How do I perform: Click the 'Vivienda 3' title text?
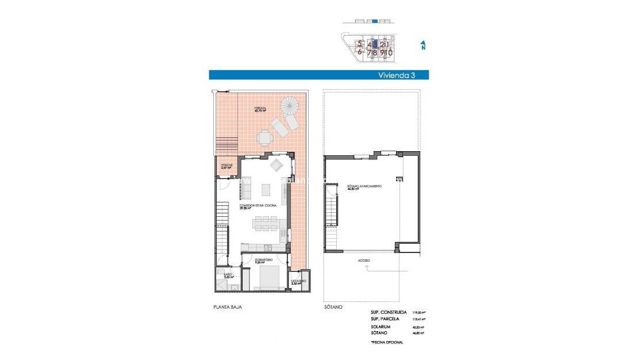[x=397, y=75]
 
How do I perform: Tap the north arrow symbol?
[x=423, y=45]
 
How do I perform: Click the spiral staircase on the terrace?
[x=290, y=106]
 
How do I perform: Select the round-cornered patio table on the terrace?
[x=264, y=138]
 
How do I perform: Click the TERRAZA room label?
[x=262, y=109]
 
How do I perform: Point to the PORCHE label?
[x=226, y=166]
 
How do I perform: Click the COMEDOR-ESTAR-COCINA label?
[x=257, y=205]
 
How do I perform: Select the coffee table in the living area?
[x=267, y=189]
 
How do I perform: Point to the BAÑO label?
[x=228, y=275]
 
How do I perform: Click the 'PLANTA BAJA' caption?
[x=228, y=308]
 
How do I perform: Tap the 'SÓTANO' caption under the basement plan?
[x=333, y=308]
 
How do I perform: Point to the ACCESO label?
[x=363, y=261]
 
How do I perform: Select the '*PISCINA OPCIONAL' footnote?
[x=387, y=342]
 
